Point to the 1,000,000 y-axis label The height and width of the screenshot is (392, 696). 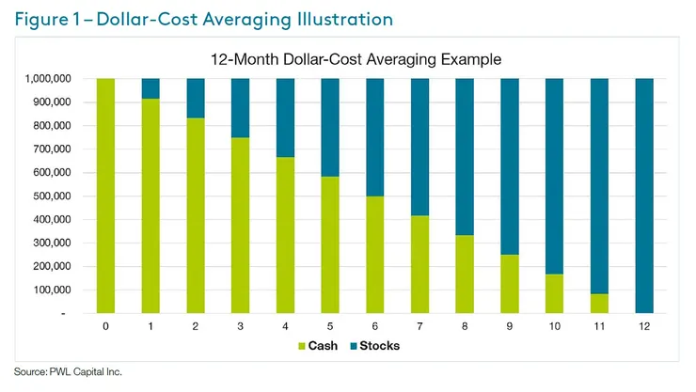(x=45, y=79)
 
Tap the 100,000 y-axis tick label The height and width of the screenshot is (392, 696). (x=51, y=290)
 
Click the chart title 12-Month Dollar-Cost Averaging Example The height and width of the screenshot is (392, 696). (x=356, y=59)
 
